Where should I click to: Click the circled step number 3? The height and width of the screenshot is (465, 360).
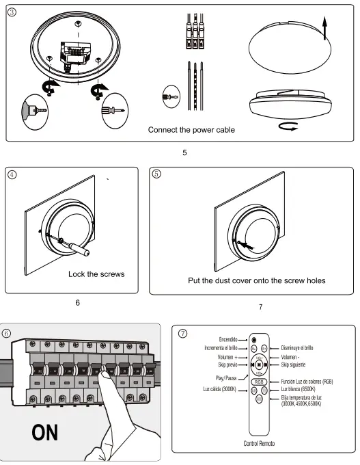[12, 12]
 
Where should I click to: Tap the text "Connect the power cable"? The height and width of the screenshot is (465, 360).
[191, 130]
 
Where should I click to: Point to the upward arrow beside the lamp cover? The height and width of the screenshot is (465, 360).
[324, 28]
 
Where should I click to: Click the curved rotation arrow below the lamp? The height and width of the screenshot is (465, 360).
[288, 127]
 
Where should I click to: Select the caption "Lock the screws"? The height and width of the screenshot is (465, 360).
[96, 274]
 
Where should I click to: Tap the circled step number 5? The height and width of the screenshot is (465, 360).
[156, 174]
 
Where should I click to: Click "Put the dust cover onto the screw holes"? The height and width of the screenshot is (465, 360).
[257, 280]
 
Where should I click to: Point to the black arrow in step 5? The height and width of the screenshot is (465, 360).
[247, 245]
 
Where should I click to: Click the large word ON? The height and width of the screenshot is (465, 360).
[44, 433]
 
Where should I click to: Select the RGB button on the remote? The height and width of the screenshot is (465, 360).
[259, 382]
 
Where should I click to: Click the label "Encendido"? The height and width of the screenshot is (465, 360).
[228, 340]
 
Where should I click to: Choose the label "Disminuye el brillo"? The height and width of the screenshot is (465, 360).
[297, 348]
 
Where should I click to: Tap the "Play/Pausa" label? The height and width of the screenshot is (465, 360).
[226, 378]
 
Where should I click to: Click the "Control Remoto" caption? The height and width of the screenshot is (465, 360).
[259, 443]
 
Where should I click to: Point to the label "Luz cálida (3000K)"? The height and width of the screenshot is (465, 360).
[219, 389]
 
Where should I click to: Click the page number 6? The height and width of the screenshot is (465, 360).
[78, 302]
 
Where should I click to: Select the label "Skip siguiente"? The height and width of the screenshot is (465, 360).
[293, 364]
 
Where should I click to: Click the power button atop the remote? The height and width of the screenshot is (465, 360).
[254, 340]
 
